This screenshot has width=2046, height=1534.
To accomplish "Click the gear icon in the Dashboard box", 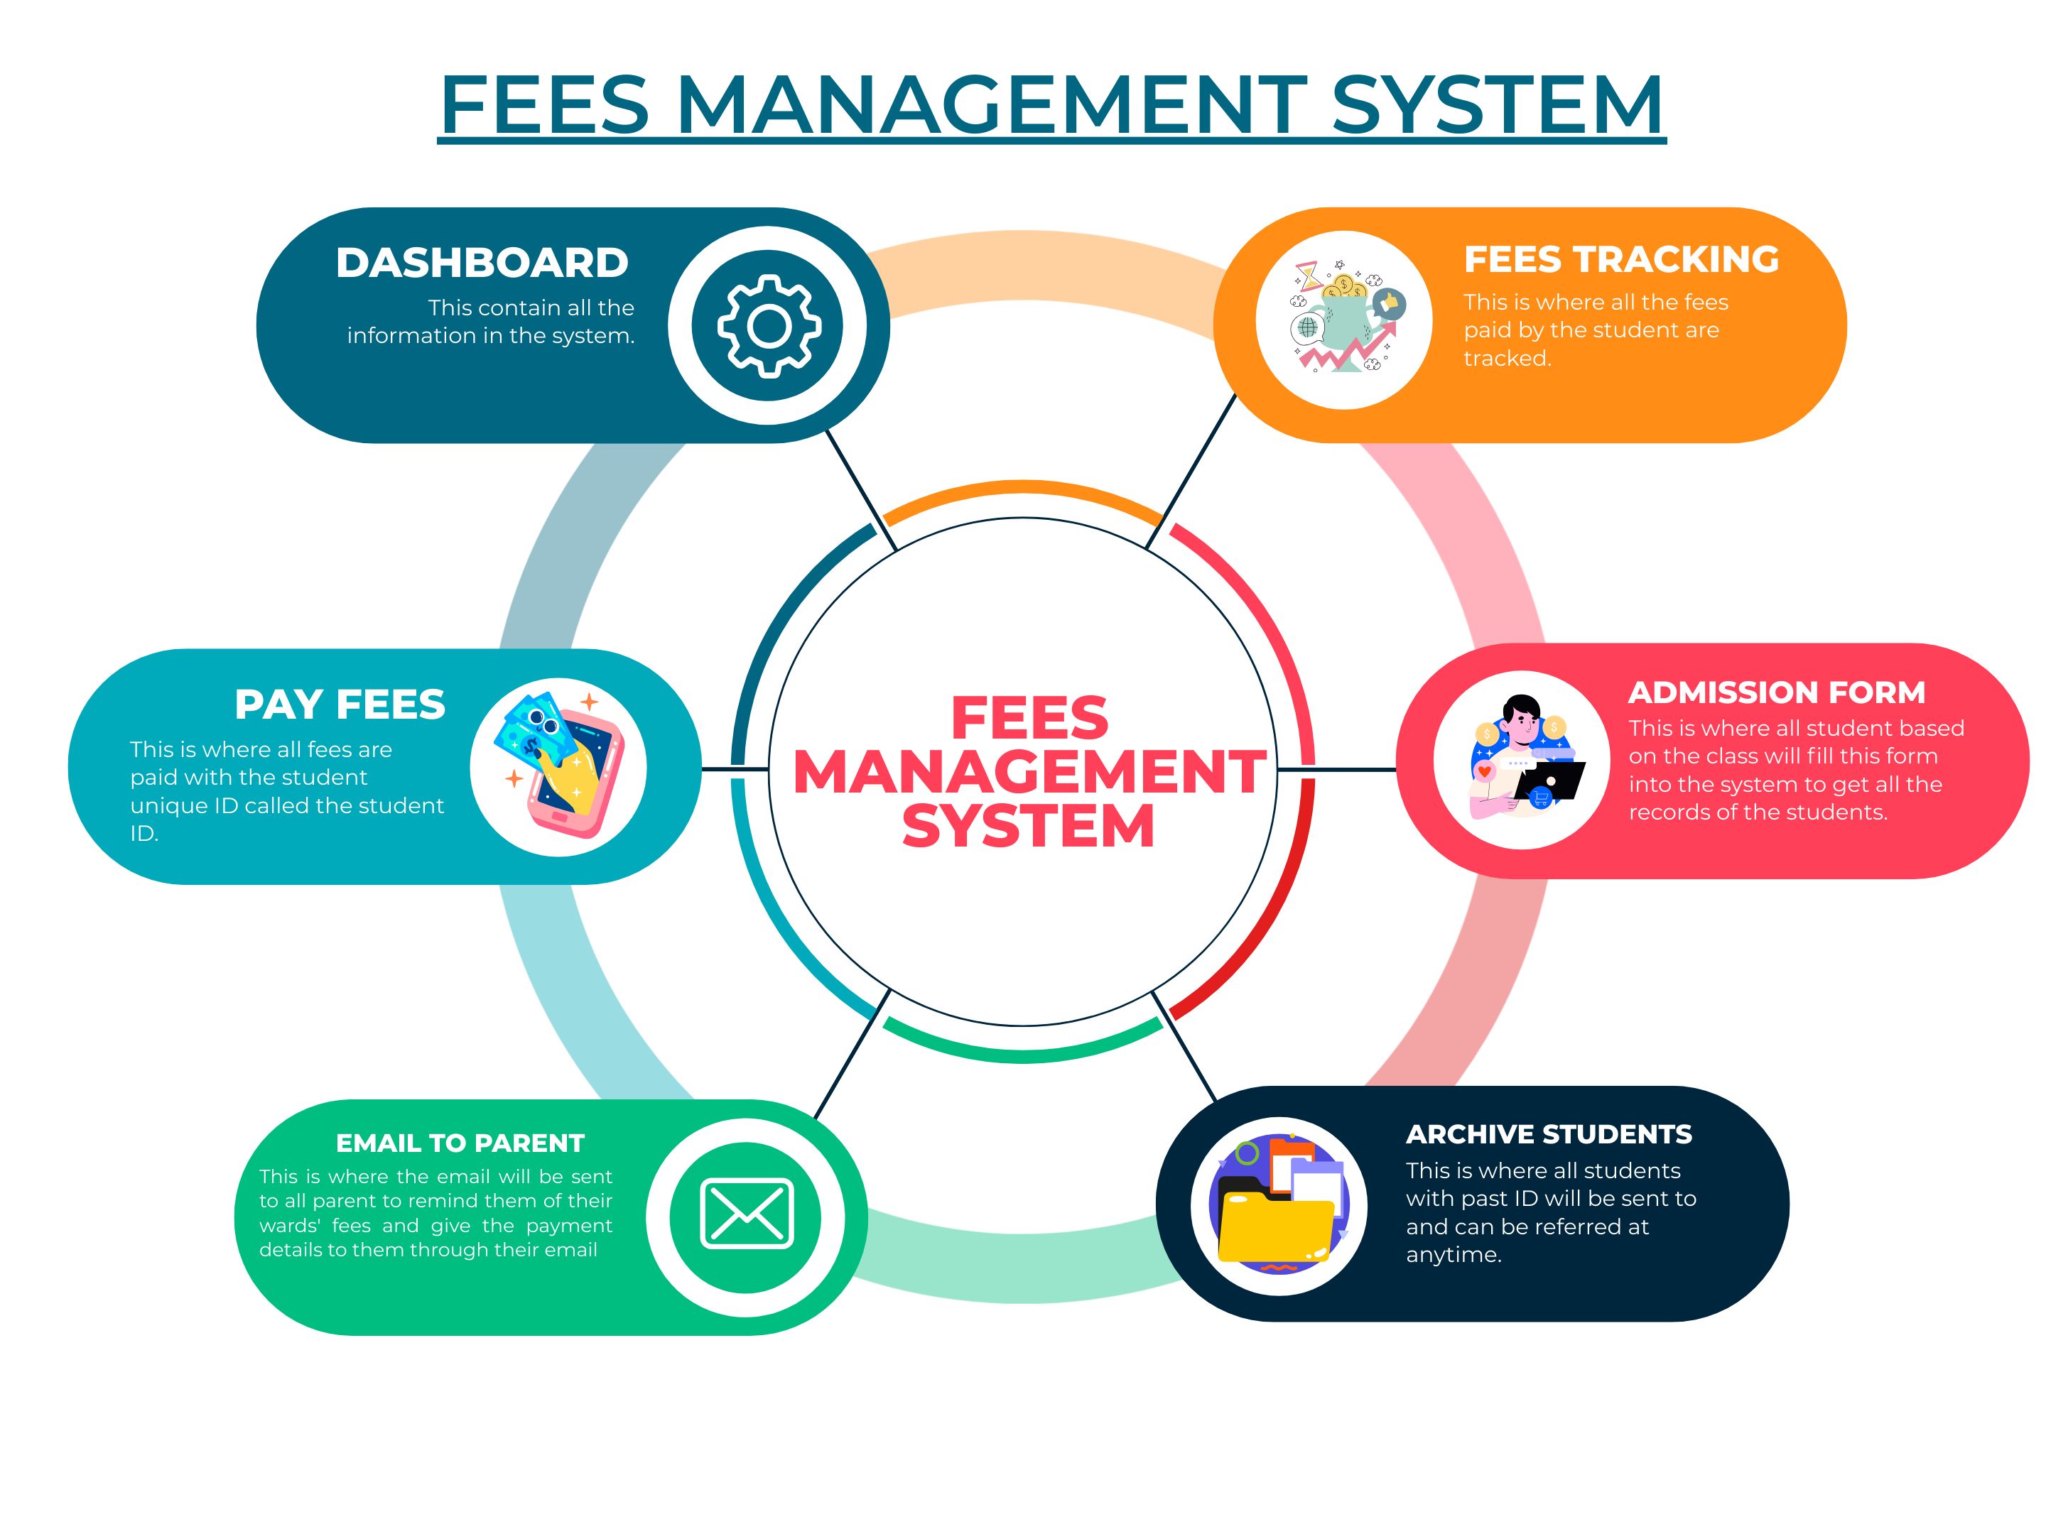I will click(x=769, y=325).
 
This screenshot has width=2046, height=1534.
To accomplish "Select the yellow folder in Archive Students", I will click(x=1274, y=1226).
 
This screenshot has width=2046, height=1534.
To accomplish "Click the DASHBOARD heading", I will click(x=482, y=263).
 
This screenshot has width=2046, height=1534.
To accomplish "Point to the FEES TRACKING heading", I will click(x=1620, y=260).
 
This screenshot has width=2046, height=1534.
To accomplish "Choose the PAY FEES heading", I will click(x=340, y=705).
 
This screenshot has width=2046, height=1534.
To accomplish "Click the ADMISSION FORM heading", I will click(x=1776, y=692).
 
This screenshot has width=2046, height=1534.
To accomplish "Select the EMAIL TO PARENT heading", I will click(x=460, y=1144).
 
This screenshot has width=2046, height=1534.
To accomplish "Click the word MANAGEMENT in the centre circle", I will click(x=1029, y=772).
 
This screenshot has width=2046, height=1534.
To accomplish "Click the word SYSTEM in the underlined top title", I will click(x=1495, y=104).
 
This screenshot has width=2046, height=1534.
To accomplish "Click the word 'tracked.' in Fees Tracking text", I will click(x=1507, y=359).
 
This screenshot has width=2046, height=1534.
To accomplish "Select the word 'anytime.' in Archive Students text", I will click(x=1453, y=1255).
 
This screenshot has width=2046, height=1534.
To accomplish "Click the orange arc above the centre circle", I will click(x=1023, y=490).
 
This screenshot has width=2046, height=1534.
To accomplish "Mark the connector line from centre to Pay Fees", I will click(x=735, y=769).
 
